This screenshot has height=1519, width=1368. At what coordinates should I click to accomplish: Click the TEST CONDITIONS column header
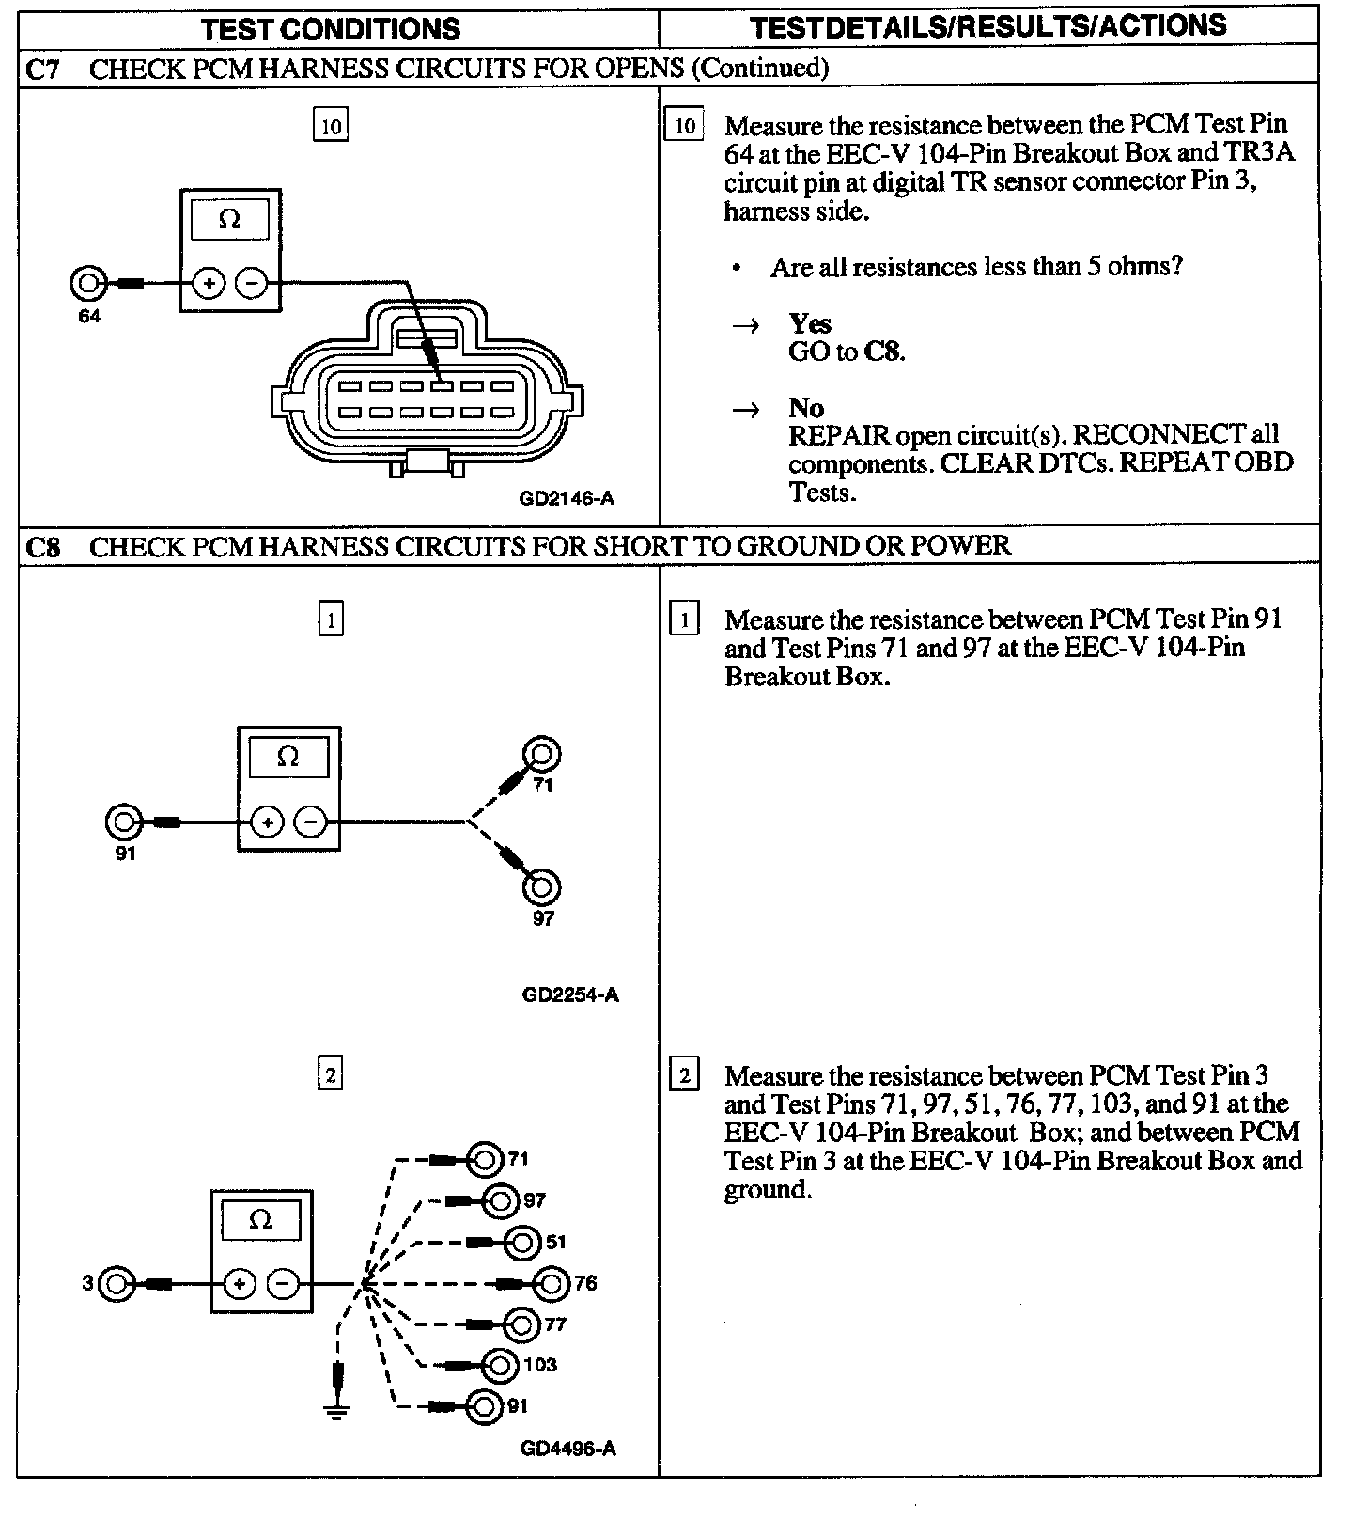[x=331, y=28]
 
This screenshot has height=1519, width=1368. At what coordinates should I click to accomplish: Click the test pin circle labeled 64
[x=87, y=282]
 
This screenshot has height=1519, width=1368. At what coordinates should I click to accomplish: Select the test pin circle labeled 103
[x=500, y=1365]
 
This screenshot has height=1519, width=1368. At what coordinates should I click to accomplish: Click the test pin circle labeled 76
[x=552, y=1283]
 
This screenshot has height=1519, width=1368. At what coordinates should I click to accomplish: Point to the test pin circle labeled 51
[x=522, y=1242]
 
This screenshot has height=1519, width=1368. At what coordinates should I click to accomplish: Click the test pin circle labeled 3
[x=117, y=1283]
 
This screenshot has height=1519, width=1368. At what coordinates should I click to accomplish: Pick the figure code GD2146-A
[x=567, y=498]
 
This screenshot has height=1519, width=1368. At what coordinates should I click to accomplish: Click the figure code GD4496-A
[x=568, y=1449]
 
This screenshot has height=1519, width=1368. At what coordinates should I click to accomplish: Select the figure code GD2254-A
[x=570, y=994]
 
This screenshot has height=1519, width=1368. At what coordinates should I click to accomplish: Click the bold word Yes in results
[x=810, y=324]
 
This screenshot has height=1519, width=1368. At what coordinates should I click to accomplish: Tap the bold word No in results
[x=806, y=408]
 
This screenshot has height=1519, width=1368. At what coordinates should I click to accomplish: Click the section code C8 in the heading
[x=43, y=547]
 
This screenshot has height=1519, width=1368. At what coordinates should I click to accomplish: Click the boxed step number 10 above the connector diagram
[x=331, y=126]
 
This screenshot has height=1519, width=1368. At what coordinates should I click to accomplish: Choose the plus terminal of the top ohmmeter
[x=209, y=282]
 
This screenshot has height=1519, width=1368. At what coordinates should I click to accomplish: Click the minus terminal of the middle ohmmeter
[x=311, y=822]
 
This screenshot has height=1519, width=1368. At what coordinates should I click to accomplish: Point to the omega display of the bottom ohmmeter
[x=260, y=1220]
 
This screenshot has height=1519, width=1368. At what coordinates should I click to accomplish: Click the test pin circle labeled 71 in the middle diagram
[x=542, y=754]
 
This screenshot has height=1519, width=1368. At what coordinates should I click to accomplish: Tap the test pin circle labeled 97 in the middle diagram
[x=542, y=887]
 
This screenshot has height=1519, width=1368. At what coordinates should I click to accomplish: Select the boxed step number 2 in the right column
[x=684, y=1075]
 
